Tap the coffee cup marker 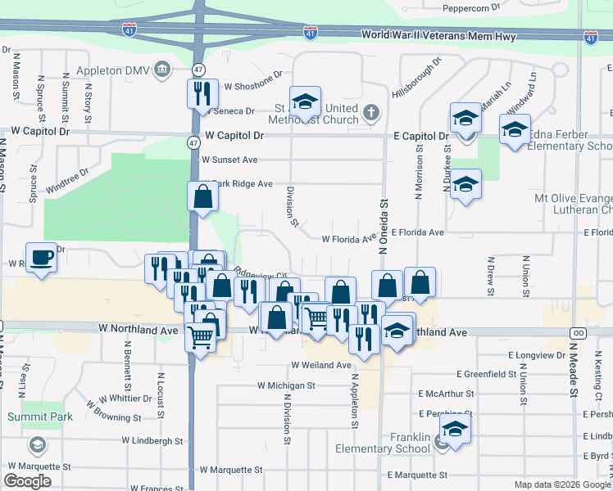(x=41, y=258)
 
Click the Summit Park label (x=40, y=417)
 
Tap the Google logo (x=27, y=481)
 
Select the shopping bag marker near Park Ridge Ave (x=202, y=197)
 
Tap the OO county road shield (x=578, y=332)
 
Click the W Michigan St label (x=286, y=385)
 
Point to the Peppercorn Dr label (x=471, y=7)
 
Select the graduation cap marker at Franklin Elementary (x=455, y=428)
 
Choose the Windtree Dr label (x=66, y=181)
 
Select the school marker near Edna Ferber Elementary (x=515, y=128)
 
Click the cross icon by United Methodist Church (x=370, y=112)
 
